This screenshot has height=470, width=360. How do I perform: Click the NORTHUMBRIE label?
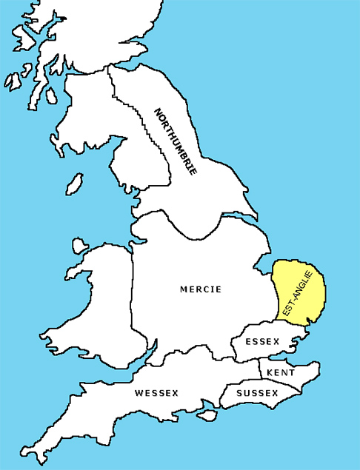point(176,141)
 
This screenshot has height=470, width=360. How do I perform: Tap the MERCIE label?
point(201,289)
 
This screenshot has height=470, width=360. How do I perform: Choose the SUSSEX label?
point(256,393)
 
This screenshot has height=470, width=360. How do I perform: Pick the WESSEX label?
point(156,393)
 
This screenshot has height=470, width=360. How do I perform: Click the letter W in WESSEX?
point(139,393)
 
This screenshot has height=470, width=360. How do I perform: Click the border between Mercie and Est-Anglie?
point(275,296)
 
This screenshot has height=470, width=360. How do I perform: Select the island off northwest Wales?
point(78,246)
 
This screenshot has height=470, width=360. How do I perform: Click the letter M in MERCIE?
point(184,289)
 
